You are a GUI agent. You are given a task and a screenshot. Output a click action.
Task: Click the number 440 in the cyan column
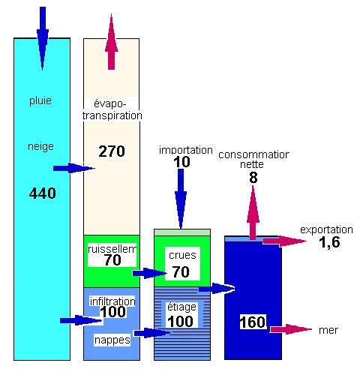42,193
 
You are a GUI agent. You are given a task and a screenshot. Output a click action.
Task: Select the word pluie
40,100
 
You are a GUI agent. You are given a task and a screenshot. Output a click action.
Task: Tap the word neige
40,146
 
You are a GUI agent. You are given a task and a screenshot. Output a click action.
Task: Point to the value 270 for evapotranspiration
112,151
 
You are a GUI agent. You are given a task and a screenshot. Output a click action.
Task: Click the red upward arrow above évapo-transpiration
112,42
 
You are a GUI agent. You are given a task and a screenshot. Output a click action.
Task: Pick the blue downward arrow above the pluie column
43,38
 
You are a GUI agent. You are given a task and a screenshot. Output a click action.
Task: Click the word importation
186,150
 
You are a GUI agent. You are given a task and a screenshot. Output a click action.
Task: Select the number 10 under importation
181,162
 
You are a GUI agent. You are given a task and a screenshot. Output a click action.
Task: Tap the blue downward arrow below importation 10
181,199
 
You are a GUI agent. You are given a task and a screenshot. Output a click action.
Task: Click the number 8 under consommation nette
253,178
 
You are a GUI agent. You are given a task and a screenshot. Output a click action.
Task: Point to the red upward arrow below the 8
253,213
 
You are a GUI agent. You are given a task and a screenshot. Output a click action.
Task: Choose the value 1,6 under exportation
329,242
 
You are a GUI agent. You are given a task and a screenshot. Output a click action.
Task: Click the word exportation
326,229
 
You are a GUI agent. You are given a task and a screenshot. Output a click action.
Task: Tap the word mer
328,330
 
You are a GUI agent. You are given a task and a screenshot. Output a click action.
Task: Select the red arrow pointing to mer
291,329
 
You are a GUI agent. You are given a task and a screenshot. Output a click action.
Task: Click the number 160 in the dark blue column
253,322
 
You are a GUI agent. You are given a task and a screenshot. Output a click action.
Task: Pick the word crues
182,255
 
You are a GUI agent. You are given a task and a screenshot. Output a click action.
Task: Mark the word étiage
181,307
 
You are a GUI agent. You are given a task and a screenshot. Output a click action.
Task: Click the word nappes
112,340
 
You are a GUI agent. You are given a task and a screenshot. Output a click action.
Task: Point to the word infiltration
112,301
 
